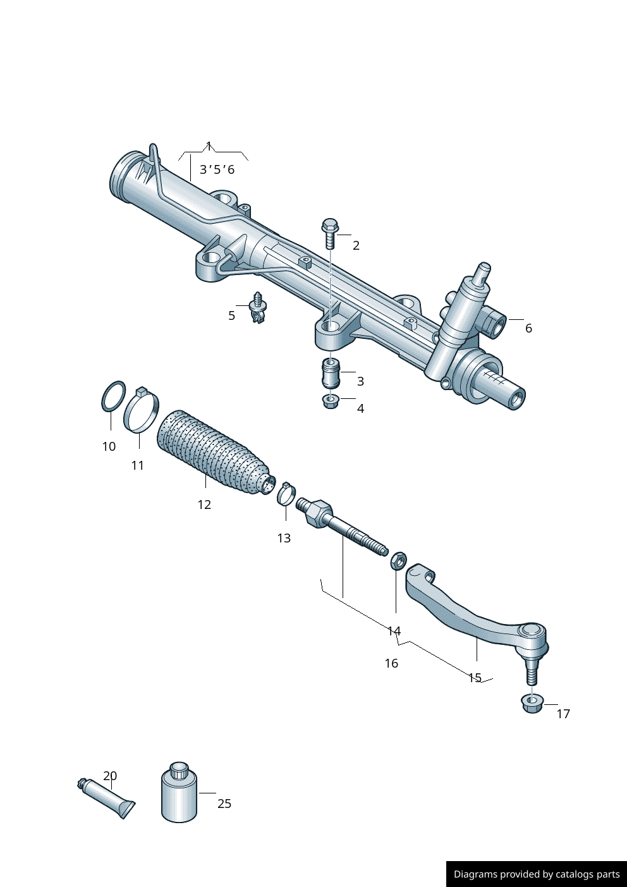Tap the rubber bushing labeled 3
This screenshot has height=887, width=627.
point(331,374)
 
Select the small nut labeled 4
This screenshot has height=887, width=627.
point(330,401)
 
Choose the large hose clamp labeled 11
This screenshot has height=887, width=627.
point(141,412)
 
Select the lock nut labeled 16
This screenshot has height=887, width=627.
point(398,560)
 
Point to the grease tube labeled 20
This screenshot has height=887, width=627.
point(106,798)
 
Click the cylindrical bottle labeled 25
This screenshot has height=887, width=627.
point(180,793)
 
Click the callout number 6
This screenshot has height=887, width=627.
point(528,328)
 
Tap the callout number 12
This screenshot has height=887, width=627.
point(204,505)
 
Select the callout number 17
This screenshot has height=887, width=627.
point(563,714)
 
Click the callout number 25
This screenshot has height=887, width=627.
point(224,804)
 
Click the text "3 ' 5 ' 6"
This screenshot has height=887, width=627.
point(217,169)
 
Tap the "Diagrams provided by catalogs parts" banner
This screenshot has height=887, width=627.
point(536,874)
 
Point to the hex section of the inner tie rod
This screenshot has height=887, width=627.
point(318,513)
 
